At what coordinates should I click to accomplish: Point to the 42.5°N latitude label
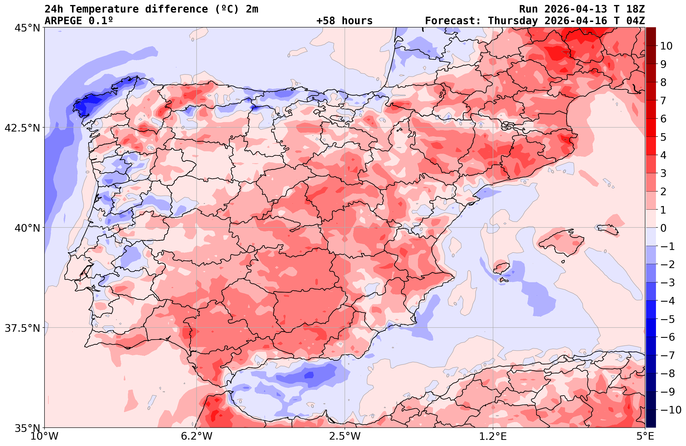click(22, 128)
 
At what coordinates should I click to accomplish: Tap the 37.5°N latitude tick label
click(22, 328)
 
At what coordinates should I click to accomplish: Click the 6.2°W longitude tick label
click(197, 436)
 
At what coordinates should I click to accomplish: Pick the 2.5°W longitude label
click(345, 436)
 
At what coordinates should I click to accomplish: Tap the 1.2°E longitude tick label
click(493, 436)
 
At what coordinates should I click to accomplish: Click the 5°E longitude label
click(645, 436)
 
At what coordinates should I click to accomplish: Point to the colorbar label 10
click(666, 46)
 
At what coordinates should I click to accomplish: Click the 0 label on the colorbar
click(663, 228)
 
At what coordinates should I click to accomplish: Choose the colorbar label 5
click(663, 137)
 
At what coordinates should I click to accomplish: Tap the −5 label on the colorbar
click(667, 319)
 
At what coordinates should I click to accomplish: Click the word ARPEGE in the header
click(63, 21)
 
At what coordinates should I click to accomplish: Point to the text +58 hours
click(345, 21)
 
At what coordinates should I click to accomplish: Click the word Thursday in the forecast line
click(513, 21)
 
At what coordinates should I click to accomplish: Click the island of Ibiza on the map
click(501, 268)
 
